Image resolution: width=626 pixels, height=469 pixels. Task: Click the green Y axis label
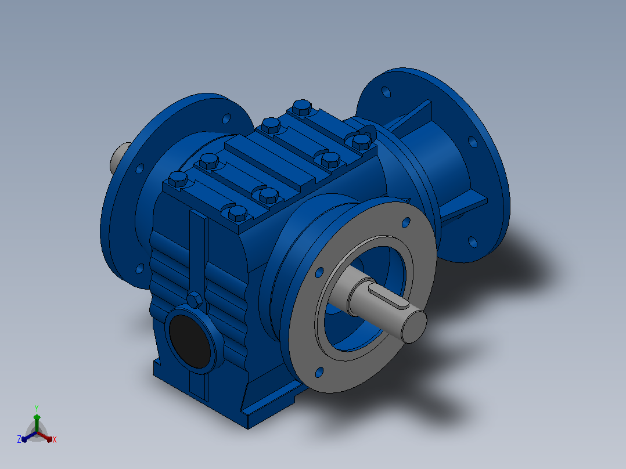pos(37,408)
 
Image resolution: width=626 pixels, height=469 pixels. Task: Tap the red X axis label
pos(55,439)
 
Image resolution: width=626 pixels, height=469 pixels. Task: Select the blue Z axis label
pos(19,439)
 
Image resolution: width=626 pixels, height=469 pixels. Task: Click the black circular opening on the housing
pos(189,341)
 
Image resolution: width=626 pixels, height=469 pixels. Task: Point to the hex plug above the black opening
pos(195,300)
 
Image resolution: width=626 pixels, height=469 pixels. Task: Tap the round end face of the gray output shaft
pos(413,327)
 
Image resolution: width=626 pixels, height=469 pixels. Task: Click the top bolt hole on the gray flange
pos(405,222)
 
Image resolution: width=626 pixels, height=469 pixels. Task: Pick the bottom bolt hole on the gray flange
pos(319,373)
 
